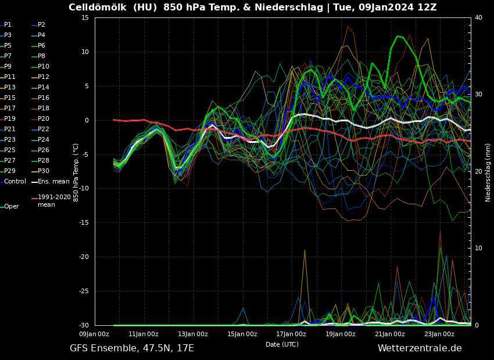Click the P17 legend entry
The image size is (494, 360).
11,108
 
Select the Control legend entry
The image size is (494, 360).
15,181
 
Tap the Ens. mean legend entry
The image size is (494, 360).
53,181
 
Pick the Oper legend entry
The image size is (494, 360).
12,206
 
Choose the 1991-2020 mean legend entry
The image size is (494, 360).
54,200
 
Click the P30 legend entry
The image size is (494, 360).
44,171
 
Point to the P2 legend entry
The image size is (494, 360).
41,24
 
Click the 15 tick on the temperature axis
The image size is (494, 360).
84,17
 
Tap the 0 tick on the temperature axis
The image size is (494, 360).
86,120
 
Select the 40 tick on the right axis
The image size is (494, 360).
478,17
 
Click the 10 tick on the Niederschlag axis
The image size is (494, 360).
478,248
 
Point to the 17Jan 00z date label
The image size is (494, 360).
291,334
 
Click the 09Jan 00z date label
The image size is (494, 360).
94,334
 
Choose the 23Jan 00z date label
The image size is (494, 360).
439,334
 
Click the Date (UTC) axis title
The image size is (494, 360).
282,344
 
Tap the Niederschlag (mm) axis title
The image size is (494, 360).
488,172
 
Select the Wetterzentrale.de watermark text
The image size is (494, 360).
420,348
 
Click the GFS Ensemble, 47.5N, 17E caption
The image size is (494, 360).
132,348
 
